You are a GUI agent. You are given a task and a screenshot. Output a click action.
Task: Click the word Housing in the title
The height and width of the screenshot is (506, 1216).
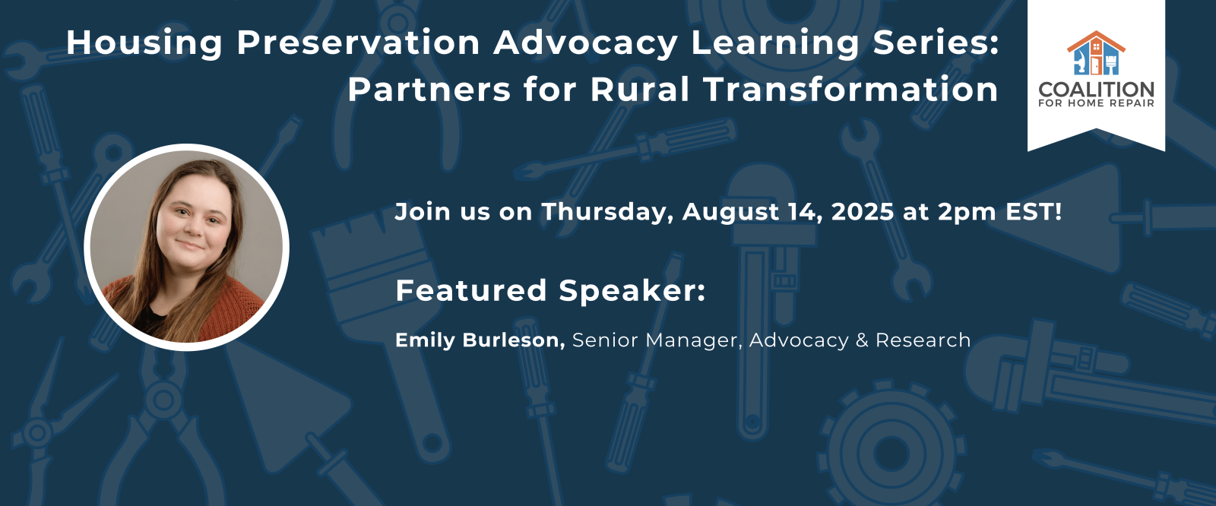pos(144,43)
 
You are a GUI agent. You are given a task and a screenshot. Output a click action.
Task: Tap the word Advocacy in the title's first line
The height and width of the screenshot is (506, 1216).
pos(585,43)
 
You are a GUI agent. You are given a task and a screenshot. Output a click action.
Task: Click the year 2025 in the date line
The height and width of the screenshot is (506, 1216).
pos(863,212)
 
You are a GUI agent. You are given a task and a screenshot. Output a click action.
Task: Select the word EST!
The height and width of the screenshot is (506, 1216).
pos(1034,212)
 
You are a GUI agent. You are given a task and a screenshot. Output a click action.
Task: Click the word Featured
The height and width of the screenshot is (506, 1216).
pos(470,290)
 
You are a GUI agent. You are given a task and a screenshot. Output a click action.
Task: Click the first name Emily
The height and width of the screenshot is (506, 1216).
pos(425,340)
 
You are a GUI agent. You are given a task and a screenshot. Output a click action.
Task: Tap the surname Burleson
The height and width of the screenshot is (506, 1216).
pos(514,340)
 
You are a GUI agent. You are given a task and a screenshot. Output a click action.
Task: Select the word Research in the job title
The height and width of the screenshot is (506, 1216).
pos(923,340)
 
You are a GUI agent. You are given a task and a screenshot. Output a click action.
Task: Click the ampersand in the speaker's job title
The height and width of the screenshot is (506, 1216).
pos(862,340)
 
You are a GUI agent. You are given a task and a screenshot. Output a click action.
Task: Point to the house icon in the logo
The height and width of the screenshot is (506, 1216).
pos(1096,52)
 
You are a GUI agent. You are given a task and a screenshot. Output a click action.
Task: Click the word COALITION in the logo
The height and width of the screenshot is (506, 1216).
pos(1096,90)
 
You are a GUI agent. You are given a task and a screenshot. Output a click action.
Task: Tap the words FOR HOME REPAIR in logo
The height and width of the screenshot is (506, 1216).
pos(1096,103)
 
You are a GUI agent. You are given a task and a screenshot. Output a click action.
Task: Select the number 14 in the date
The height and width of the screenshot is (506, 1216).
pos(805,213)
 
